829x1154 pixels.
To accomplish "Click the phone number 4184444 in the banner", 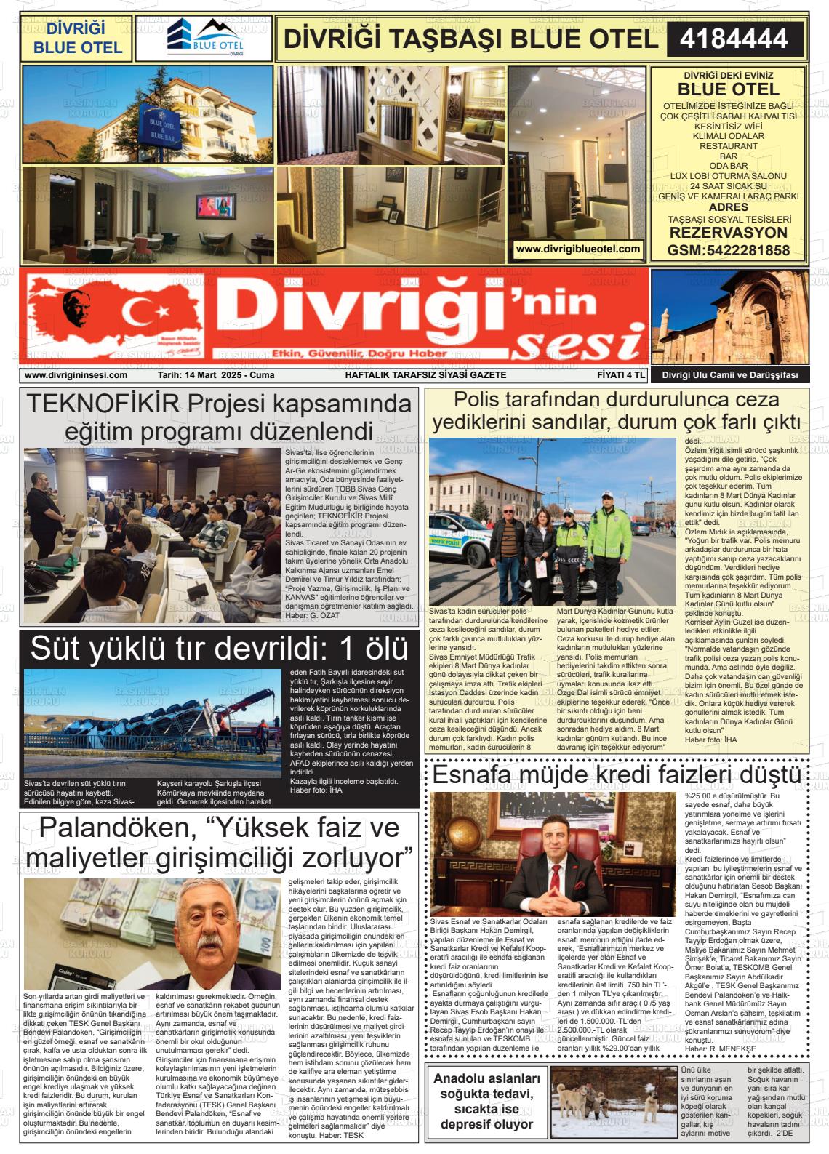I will click(x=734, y=39).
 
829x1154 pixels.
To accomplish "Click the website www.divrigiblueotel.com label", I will click(x=577, y=249).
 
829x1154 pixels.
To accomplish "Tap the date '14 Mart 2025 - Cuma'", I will click(x=216, y=375).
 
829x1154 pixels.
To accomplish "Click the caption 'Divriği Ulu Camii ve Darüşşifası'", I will click(x=729, y=375).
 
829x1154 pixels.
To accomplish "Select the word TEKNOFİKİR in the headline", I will click(x=103, y=404).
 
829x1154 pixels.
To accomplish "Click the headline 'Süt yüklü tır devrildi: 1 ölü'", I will click(x=218, y=649).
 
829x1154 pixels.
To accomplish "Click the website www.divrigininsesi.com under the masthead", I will click(x=76, y=375).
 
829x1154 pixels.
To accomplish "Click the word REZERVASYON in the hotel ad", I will click(x=728, y=233).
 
